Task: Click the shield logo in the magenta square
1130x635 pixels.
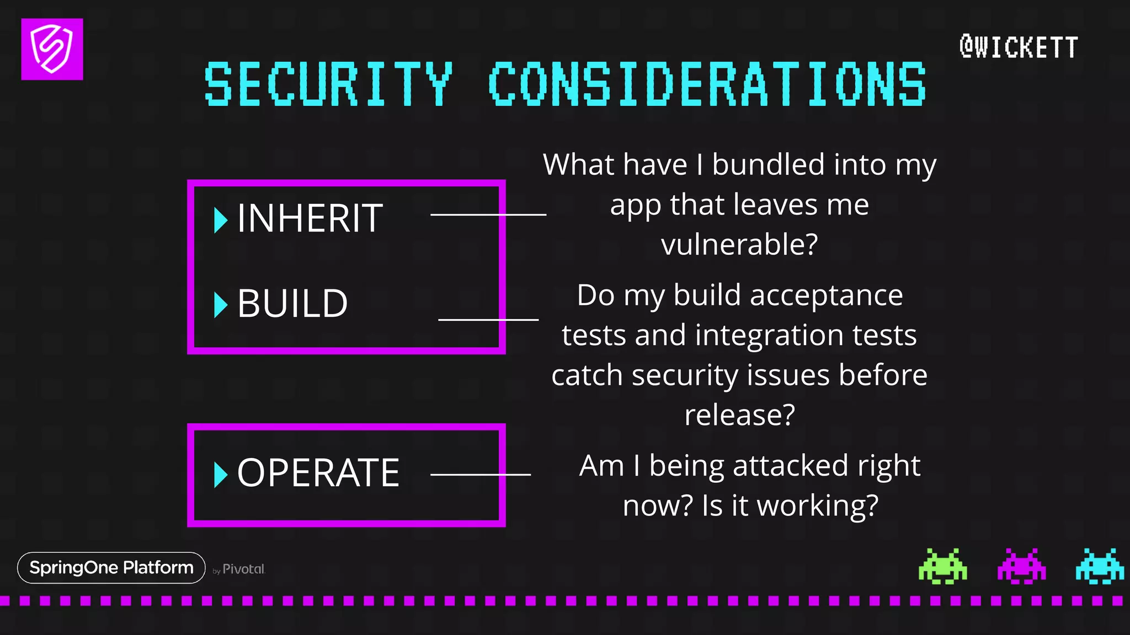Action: coord(52,49)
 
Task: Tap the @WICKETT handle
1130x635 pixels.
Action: coord(1019,47)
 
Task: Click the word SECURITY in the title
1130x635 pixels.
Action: coord(329,84)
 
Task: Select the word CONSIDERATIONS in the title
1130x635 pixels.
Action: coord(707,84)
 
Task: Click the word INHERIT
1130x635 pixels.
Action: coord(310,218)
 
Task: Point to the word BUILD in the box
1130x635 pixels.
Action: coord(292,304)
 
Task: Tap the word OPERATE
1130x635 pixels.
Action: coord(318,473)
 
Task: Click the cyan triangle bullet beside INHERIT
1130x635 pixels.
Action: coord(220,220)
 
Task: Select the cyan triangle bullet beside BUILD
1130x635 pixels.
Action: coord(220,305)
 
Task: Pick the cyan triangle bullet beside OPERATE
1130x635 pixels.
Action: coord(220,474)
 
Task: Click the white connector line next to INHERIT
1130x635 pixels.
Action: coord(488,214)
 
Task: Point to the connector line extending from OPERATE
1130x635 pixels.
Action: coord(480,474)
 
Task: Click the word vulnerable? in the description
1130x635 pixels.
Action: coord(739,244)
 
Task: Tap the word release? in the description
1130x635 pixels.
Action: coord(739,415)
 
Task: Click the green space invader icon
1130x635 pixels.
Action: coord(942,566)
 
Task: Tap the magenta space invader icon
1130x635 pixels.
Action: coord(1021,566)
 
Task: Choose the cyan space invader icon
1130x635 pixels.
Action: coord(1099,566)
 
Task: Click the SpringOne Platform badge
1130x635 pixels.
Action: coord(111,568)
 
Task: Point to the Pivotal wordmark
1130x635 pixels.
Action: coord(243,569)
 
